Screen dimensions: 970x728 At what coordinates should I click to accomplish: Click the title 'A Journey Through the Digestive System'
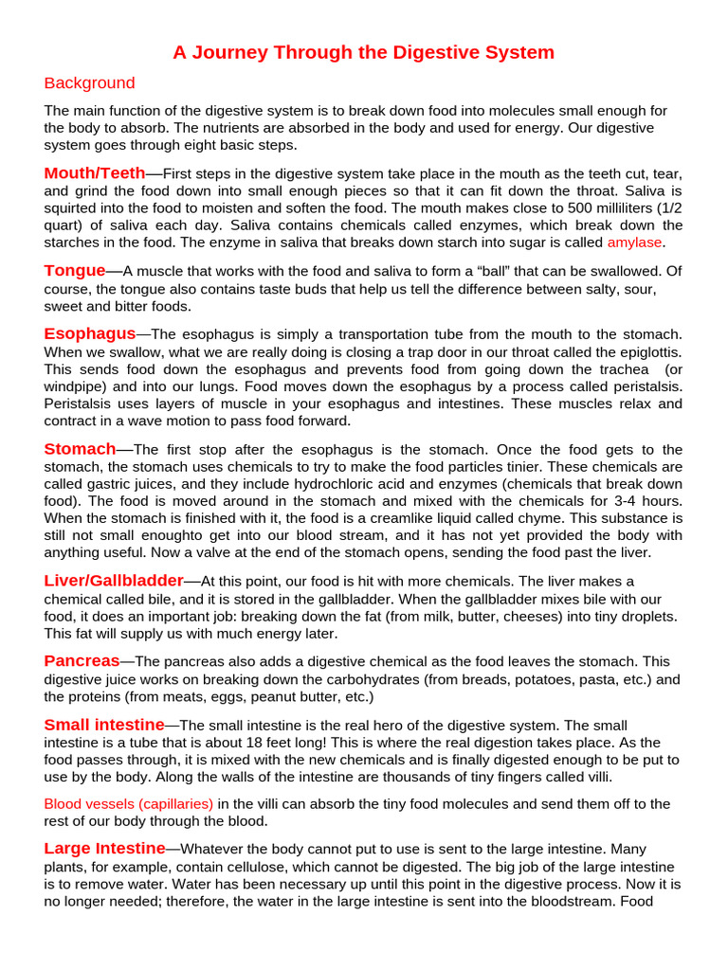click(x=363, y=53)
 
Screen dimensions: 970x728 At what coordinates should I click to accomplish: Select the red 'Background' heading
click(x=89, y=83)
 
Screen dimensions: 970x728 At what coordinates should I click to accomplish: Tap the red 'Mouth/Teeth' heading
click(x=94, y=173)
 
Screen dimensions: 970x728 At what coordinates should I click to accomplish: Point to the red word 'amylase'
click(x=634, y=242)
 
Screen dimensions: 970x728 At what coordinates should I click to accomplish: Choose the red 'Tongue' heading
click(x=74, y=271)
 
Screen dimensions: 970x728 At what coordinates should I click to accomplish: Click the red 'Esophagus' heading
click(x=90, y=334)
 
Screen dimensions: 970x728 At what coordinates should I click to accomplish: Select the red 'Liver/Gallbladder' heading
click(x=113, y=581)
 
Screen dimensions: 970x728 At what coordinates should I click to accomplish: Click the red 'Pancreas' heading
click(x=82, y=661)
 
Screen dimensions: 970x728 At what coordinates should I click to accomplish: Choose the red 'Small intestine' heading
click(x=104, y=725)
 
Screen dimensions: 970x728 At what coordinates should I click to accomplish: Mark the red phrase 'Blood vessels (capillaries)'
click(x=129, y=804)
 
